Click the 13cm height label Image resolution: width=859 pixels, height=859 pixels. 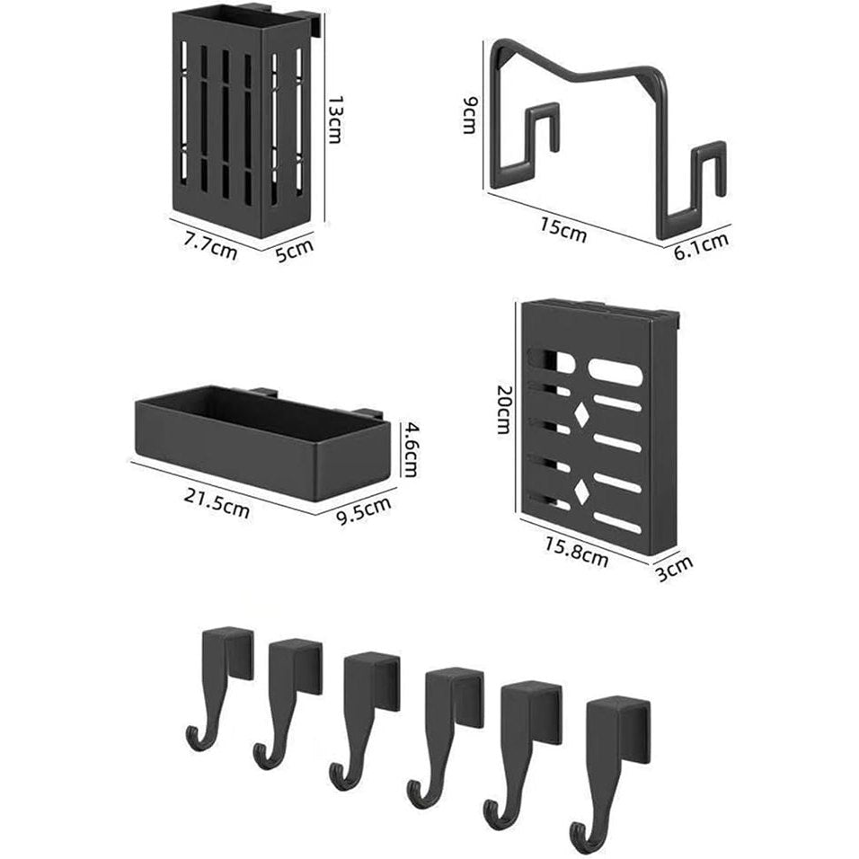335,120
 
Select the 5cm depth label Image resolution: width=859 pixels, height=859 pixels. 294,251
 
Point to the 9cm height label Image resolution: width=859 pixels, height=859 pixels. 470,115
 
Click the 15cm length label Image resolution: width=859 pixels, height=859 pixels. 562,230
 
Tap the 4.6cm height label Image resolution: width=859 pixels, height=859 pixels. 409,448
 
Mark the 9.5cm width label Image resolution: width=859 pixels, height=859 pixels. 364,510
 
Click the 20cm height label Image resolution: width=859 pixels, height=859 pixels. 503,409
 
